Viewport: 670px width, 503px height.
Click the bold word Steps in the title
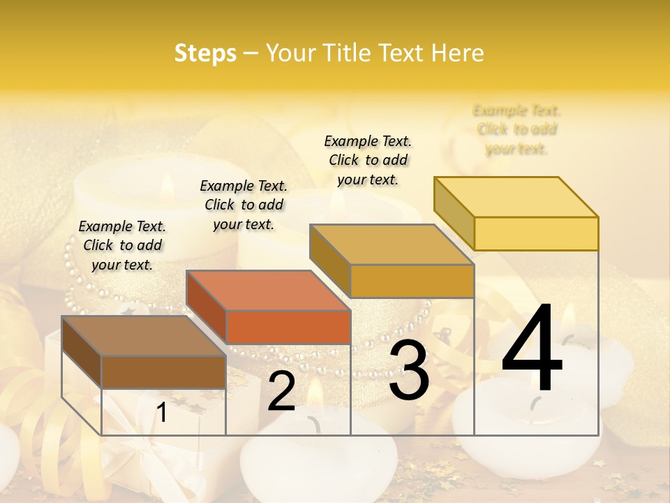(205, 53)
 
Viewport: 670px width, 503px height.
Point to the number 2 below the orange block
(281, 391)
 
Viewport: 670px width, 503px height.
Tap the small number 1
(162, 413)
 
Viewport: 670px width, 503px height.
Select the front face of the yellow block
(536, 233)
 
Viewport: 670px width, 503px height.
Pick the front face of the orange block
(288, 327)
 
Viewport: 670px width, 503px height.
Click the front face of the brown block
(163, 372)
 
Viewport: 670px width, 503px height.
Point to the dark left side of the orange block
(206, 307)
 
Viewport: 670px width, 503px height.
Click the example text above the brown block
(122, 245)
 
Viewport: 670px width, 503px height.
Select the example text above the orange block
(244, 205)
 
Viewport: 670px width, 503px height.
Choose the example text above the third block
(368, 160)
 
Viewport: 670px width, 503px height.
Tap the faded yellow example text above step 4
(516, 129)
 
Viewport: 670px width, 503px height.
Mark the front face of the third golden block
(412, 281)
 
